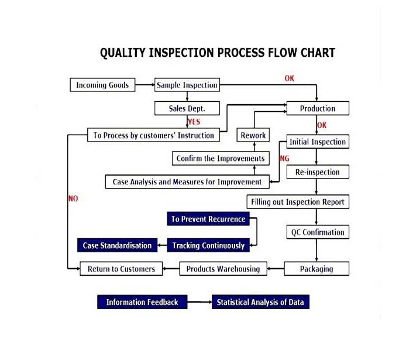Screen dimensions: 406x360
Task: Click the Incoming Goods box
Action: tap(102, 85)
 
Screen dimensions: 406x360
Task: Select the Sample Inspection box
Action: tap(187, 85)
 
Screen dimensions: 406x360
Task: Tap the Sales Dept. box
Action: tap(187, 108)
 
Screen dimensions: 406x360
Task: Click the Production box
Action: tap(318, 108)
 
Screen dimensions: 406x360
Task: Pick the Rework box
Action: tap(253, 135)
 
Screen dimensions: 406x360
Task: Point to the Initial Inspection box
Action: tap(318, 142)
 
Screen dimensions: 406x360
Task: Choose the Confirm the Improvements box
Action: tap(221, 158)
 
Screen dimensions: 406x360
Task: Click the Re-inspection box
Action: tap(318, 172)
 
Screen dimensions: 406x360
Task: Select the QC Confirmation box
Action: tap(318, 232)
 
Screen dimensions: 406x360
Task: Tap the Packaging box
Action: tap(316, 269)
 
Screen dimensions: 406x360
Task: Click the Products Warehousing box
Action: tap(223, 269)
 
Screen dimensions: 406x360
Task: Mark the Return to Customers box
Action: tap(121, 269)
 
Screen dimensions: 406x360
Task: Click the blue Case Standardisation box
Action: tap(117, 245)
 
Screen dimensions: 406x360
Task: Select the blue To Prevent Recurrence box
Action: tap(208, 219)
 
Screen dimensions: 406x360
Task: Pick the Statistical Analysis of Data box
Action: tap(260, 302)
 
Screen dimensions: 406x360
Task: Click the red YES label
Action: tap(194, 122)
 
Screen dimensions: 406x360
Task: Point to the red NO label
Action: tap(73, 198)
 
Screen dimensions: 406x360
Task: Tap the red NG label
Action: tap(284, 159)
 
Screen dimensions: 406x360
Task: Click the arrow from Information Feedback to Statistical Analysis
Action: tap(199, 301)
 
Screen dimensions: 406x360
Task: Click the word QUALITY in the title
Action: tap(123, 53)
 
